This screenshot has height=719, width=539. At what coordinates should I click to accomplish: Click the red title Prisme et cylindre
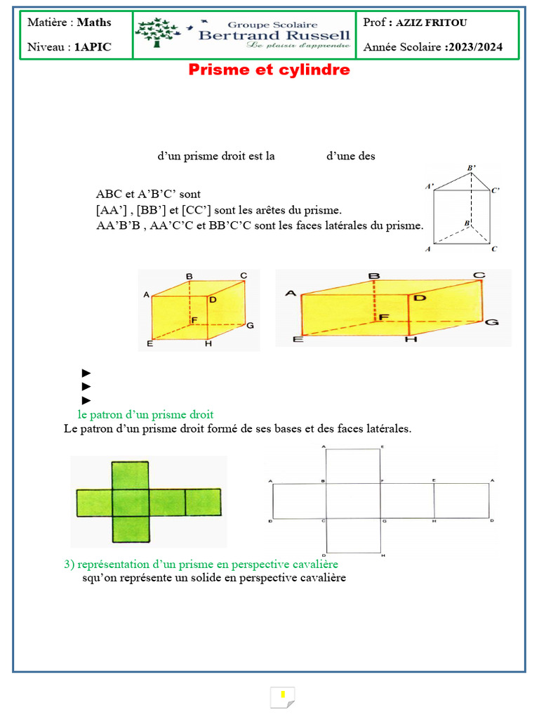269,71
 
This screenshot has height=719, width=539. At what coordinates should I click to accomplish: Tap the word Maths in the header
94,22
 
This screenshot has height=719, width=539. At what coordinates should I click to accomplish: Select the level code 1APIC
93,48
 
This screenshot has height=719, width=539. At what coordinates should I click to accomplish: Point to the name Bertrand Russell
273,35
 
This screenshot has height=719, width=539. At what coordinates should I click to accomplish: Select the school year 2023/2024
474,48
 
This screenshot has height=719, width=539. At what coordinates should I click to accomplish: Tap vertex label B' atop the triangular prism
472,169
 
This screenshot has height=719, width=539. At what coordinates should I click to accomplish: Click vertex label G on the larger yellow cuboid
492,322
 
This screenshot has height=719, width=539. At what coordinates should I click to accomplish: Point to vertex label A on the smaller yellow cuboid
147,296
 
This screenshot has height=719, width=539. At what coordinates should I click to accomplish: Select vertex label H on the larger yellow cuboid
411,340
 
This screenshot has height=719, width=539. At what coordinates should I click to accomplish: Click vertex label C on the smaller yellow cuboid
243,276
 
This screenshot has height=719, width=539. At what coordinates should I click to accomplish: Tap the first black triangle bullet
86,373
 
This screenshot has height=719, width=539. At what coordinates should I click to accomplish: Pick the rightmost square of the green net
203,502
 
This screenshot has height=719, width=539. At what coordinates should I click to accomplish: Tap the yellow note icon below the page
282,697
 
